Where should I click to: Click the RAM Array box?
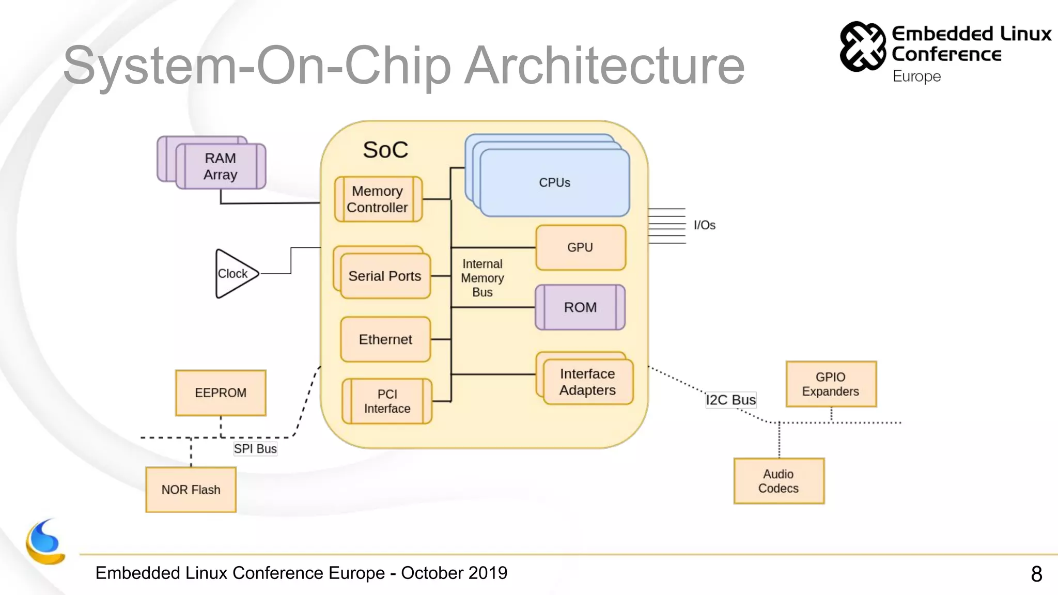pos(221,166)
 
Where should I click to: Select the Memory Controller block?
pos(378,199)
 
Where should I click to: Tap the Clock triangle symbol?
pos(234,274)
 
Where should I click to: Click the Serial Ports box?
pos(385,276)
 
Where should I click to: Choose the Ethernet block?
pos(385,339)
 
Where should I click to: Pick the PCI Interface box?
pos(387,401)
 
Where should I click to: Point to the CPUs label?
pos(554,183)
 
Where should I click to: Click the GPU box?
pos(580,247)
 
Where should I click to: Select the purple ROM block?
pos(580,307)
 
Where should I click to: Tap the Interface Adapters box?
pos(587,382)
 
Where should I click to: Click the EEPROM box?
pos(221,393)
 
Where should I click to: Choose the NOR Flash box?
pos(191,490)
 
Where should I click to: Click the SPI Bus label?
pos(255,449)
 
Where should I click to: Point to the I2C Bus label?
pos(730,400)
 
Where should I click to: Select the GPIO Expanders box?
pos(831,384)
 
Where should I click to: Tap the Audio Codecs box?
pos(779,481)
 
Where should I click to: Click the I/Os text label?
pos(704,225)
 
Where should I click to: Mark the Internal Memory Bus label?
pos(482,278)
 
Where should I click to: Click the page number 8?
pos(1036,574)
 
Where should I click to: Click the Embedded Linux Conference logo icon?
pos(862,46)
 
